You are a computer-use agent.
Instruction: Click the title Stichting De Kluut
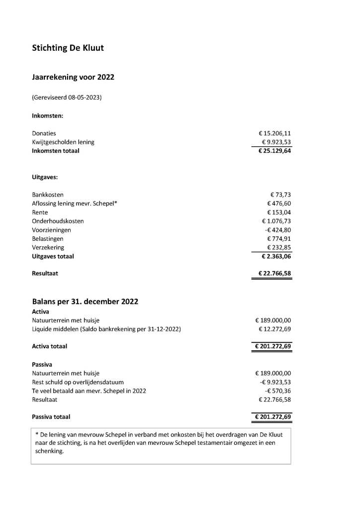68,48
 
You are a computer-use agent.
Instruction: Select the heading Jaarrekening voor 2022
73,77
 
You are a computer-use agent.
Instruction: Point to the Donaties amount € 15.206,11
274,133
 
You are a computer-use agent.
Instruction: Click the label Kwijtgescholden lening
63,142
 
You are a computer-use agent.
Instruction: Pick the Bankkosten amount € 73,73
280,195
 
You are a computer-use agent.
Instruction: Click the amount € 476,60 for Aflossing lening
278,204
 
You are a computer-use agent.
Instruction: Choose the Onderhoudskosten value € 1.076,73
276,221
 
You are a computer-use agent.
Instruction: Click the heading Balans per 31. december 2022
85,302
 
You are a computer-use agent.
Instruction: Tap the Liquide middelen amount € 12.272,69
274,329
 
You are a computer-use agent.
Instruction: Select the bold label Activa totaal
49,346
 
